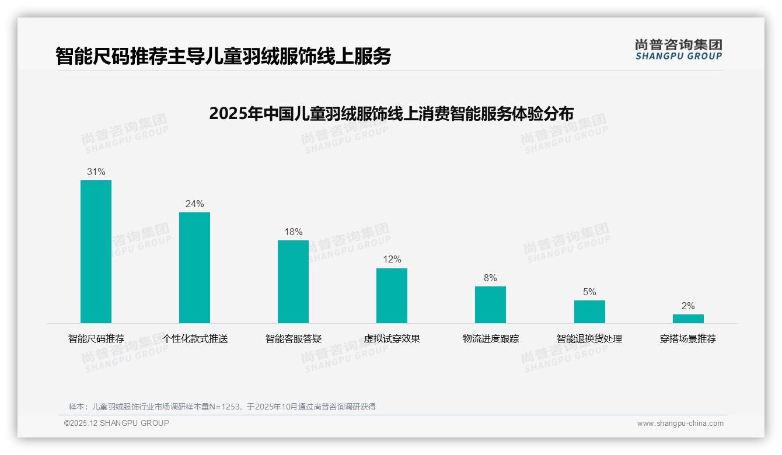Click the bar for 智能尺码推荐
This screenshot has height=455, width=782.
pos(96,251)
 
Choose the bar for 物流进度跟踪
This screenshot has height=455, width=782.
pos(490,304)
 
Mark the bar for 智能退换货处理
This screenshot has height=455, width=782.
pos(589,311)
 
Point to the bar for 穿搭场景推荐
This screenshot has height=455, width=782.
pos(688,318)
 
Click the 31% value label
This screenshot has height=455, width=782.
pos(96,172)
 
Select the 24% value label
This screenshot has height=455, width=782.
pos(194,204)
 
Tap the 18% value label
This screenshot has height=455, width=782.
pos(293,232)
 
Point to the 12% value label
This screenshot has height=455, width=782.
pos(392,260)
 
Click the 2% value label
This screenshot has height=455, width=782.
pos(688,306)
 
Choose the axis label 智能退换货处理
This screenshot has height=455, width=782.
pos(589,339)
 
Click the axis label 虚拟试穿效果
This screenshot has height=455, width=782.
pos(392,339)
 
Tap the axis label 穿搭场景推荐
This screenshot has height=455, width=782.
pos(688,339)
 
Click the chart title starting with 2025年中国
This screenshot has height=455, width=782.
pos(391,113)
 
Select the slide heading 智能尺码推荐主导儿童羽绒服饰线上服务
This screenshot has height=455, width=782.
pos(223,56)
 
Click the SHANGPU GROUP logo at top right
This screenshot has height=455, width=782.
pos(678,50)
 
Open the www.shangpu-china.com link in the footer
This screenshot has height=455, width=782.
pos(680,423)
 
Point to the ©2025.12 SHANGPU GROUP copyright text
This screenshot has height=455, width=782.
pos(117,423)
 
